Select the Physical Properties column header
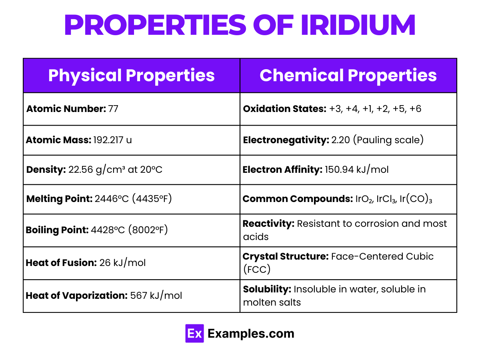[x=131, y=76]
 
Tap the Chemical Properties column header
[x=348, y=76]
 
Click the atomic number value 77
[x=113, y=109]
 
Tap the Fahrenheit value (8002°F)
[x=150, y=230]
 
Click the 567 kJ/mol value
[x=156, y=296]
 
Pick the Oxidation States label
[x=284, y=109]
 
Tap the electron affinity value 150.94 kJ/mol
[x=356, y=170]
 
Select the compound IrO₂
[x=363, y=199]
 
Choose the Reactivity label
[x=268, y=224]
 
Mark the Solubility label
[x=267, y=289]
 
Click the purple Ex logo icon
[x=195, y=334]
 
